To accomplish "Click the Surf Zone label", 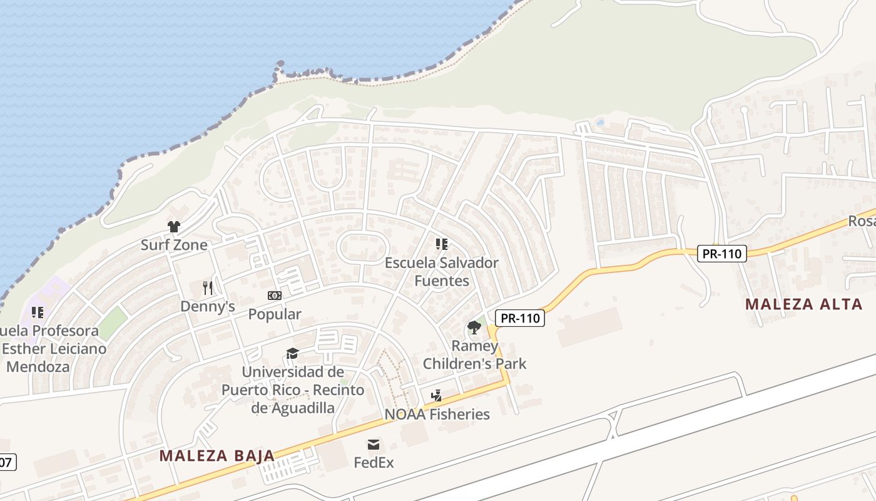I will [x=173, y=245].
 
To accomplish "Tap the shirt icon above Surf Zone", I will [x=174, y=226].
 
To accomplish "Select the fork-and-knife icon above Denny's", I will [x=208, y=288].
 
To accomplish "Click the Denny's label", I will [x=208, y=306].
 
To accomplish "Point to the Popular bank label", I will [x=275, y=314].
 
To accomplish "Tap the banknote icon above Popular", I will [x=275, y=296].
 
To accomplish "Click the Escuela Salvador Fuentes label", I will [x=441, y=272].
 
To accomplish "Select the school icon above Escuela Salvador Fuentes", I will [x=442, y=244].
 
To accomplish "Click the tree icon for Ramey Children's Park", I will [x=474, y=328].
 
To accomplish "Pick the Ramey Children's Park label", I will [x=474, y=354].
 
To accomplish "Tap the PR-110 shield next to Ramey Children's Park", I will [x=520, y=318].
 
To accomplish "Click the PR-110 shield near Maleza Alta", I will [x=722, y=254].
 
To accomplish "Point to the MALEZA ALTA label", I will [x=804, y=304].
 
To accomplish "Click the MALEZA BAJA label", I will [x=216, y=455].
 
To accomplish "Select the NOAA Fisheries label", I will [x=437, y=414].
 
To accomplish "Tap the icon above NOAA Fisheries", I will [x=437, y=396].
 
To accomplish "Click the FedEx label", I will [x=374, y=463].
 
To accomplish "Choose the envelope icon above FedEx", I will [x=374, y=445].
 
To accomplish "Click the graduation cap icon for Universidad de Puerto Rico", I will [x=292, y=354].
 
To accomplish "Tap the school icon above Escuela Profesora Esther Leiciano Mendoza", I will [x=38, y=312].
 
